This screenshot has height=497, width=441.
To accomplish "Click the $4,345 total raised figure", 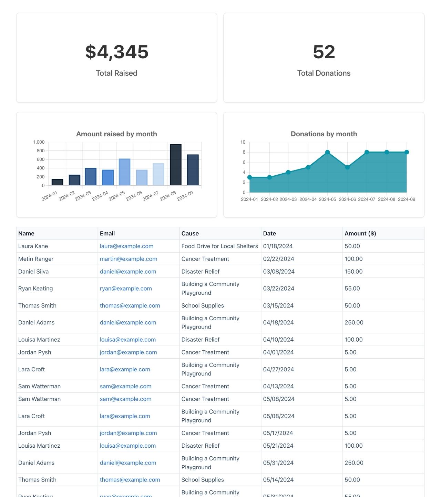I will tap(117, 52).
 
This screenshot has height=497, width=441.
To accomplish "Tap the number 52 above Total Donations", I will tap(324, 52).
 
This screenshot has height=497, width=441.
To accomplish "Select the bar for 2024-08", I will tap(176, 165).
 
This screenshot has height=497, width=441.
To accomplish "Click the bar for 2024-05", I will tap(124, 172).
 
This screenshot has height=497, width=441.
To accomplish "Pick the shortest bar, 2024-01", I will tap(57, 182).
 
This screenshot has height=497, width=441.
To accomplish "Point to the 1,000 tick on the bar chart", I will tap(39, 142).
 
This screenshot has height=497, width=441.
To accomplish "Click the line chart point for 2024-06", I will tap(347, 167).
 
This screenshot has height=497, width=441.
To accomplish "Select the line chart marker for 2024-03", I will tap(288, 172).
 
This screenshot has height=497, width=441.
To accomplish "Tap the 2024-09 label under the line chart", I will tap(407, 199).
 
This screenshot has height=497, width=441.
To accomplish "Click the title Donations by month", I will tap(324, 134).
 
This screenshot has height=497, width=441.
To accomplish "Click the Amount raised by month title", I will tap(116, 134).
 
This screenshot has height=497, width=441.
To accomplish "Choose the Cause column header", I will tap(190, 234).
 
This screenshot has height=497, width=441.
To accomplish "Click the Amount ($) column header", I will tap(360, 234).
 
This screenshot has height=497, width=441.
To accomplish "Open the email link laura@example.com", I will tap(126, 246).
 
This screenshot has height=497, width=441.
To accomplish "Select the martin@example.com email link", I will tap(129, 259).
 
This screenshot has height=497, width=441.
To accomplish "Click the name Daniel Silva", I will tap(33, 272).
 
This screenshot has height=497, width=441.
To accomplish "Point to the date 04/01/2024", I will tap(278, 352).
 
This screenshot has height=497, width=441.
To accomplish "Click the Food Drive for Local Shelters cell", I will tap(219, 246).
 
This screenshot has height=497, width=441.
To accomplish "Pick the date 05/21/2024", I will tap(278, 446).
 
